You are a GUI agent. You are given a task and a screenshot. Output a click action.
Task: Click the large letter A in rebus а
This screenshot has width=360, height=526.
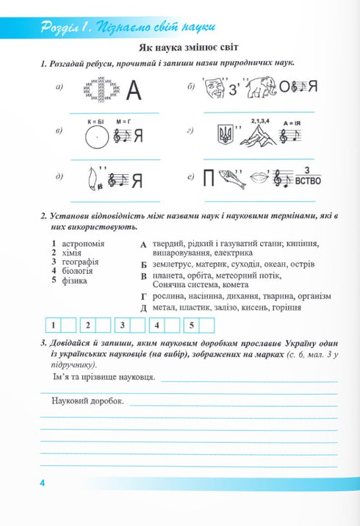tap(133, 91)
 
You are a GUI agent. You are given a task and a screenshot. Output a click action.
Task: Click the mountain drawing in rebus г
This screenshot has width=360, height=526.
tap(252, 134)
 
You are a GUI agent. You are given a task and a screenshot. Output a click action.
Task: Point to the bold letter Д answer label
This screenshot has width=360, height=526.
tap(144, 307)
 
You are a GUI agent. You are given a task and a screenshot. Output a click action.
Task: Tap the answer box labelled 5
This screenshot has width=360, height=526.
tap(207, 325)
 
